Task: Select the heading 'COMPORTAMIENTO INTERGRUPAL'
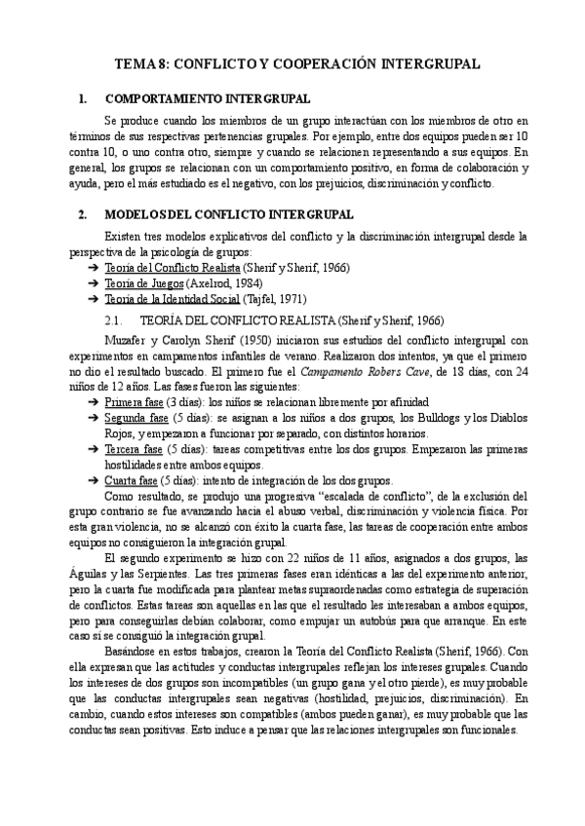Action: click(x=208, y=98)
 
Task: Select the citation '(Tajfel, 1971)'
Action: click(x=275, y=299)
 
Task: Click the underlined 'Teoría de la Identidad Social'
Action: click(x=172, y=299)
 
